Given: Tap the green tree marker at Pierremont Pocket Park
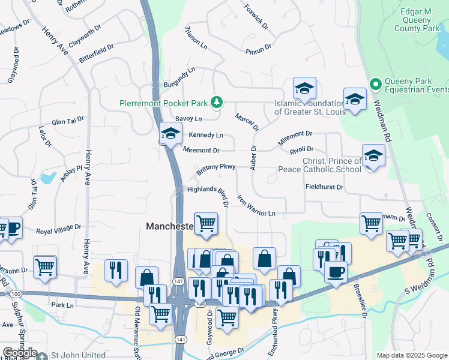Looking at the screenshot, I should coord(217,103).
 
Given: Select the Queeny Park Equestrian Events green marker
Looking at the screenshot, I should coord(376,84).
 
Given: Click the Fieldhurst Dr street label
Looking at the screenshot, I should coord(324,187).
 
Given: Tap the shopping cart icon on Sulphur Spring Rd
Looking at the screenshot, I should coord(45,266).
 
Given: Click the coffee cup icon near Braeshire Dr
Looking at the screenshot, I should coord(336,271).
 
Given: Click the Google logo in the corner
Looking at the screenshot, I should coord(20,353).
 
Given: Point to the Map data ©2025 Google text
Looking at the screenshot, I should coord(412,355).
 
